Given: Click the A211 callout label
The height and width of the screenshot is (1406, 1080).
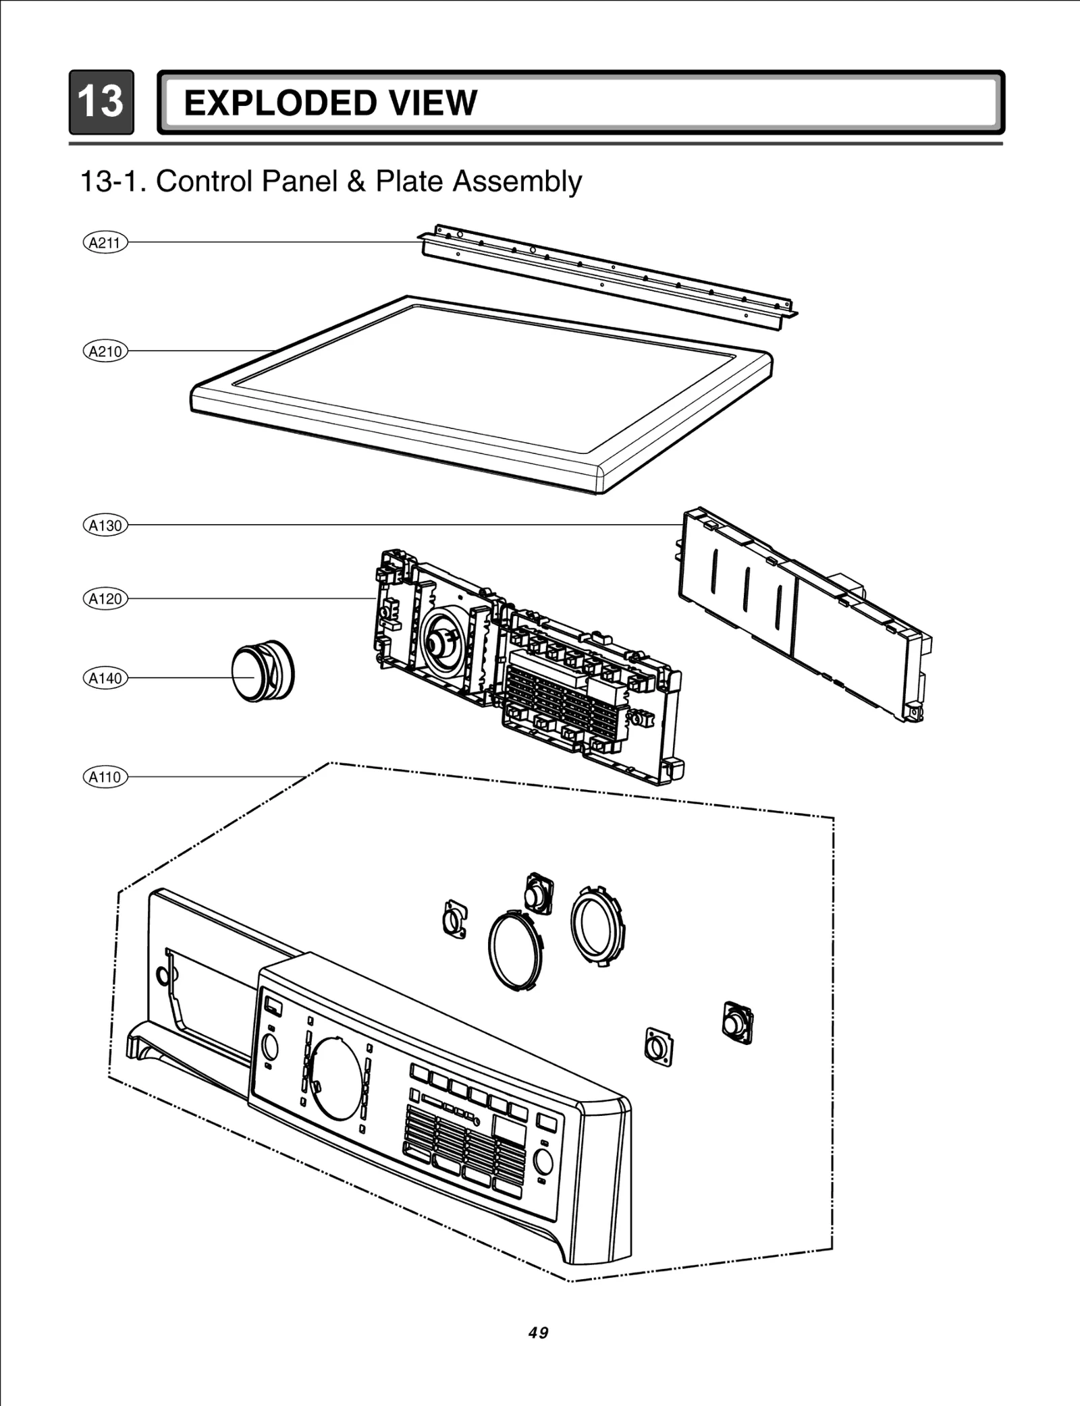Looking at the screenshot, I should (105, 242).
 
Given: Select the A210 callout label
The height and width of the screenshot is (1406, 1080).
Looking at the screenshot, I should (105, 351).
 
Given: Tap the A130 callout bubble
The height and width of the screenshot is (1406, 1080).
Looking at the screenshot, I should (105, 525).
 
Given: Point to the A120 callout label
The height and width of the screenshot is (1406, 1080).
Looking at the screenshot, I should (105, 598).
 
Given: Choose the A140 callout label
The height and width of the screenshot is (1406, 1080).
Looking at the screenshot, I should (105, 678).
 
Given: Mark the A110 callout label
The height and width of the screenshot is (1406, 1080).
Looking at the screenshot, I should (105, 777).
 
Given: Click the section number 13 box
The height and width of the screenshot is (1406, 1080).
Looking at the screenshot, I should (101, 102).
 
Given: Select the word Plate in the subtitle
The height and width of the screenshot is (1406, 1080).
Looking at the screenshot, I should (410, 181).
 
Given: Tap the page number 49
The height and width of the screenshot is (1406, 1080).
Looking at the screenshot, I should (539, 1332).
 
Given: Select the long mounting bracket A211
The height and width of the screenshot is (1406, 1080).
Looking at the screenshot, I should (607, 277).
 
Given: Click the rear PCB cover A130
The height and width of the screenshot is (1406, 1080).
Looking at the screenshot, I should (803, 614).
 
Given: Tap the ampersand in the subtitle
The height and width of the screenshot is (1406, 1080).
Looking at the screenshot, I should (356, 181).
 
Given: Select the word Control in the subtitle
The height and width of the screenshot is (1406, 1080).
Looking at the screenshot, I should (205, 181).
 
